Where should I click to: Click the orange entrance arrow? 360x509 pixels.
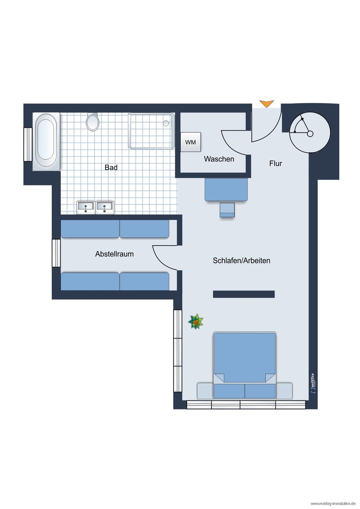(x=267, y=103)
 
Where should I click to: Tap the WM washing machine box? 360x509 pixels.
(x=191, y=142)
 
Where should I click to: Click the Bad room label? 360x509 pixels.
(x=111, y=168)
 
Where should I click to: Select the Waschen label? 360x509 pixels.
(x=219, y=159)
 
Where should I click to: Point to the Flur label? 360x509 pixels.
(x=276, y=163)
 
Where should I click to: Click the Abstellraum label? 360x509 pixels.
(x=114, y=254)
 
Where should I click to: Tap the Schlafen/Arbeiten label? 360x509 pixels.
(x=241, y=260)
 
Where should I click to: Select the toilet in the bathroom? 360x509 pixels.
(x=93, y=122)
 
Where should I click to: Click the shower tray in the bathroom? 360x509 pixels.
(x=151, y=131)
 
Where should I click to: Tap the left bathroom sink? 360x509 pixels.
(x=85, y=207)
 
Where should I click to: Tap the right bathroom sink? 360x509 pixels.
(x=104, y=207)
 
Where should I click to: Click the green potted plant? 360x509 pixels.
(x=196, y=322)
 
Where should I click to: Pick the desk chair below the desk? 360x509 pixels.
(x=227, y=210)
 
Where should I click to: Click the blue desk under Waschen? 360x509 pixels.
(x=226, y=190)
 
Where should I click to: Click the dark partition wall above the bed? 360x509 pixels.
(x=244, y=294)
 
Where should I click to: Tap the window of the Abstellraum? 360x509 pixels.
(x=56, y=253)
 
